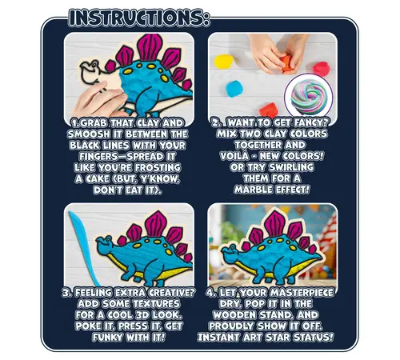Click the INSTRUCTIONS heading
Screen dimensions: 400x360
click(x=139, y=18)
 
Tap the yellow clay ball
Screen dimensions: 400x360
click(x=224, y=62)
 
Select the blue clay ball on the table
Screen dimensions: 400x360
click(x=234, y=89)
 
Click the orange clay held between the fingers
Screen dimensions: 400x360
click(x=286, y=63)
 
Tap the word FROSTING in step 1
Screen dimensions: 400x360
click(x=158, y=168)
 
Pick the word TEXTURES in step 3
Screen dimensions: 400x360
click(x=156, y=304)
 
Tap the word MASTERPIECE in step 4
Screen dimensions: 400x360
click(x=302, y=293)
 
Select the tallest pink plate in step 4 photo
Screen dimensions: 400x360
click(x=274, y=222)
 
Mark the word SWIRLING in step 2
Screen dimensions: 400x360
click(x=291, y=167)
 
